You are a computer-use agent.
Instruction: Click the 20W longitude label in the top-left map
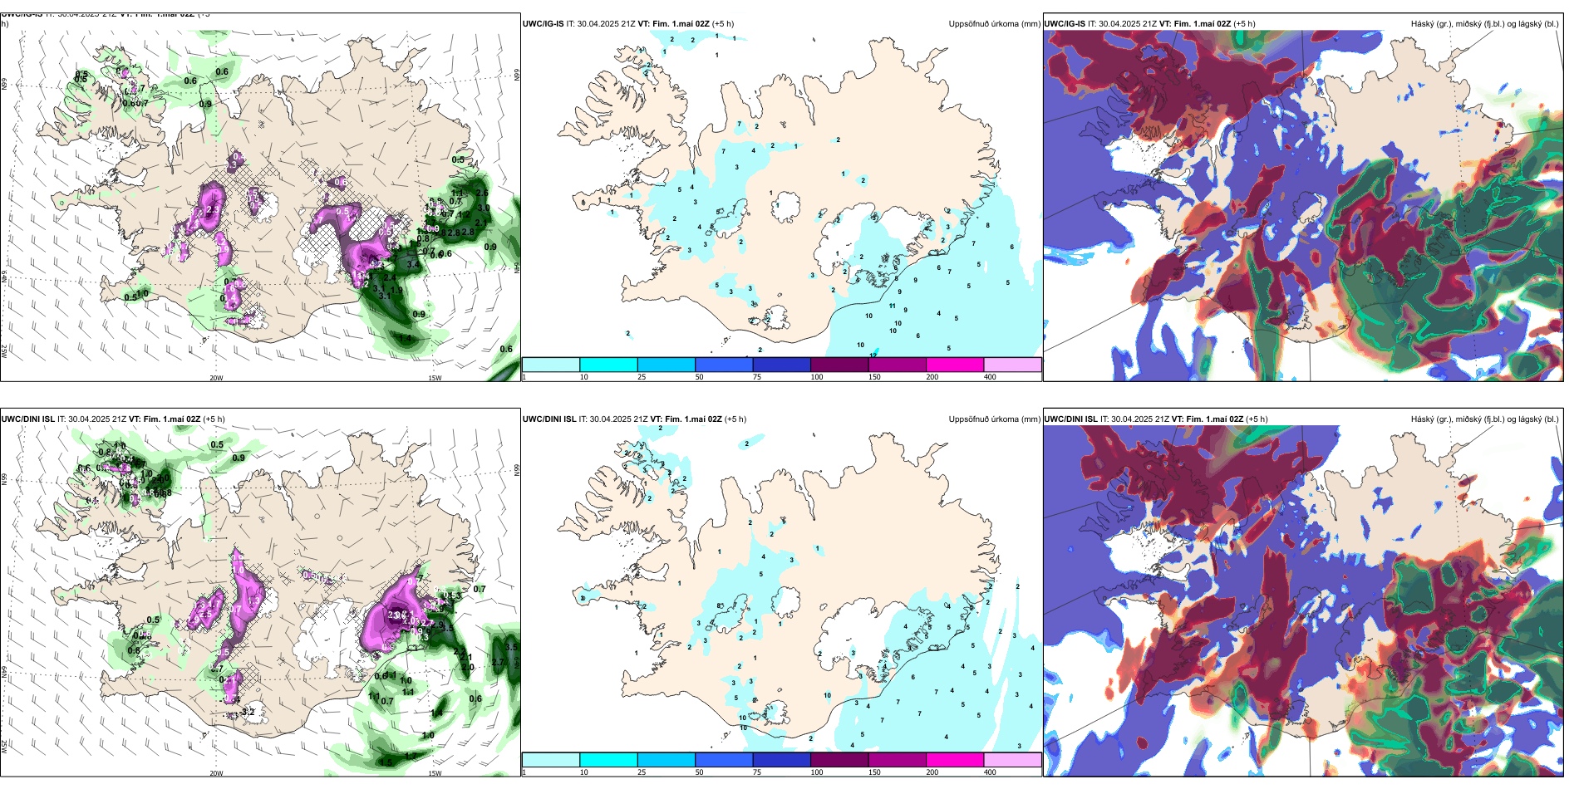pyautogui.click(x=216, y=378)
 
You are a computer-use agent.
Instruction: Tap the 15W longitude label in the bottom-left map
pyautogui.click(x=435, y=773)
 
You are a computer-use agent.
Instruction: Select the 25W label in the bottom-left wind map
pyautogui.click(x=4, y=747)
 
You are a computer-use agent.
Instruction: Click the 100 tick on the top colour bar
pyautogui.click(x=817, y=377)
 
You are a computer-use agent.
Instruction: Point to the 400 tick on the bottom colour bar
pyautogui.click(x=990, y=772)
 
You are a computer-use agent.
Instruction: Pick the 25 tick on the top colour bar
pyautogui.click(x=642, y=377)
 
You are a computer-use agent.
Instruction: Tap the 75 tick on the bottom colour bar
pyautogui.click(x=757, y=772)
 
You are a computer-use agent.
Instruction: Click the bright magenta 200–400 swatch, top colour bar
pyautogui.click(x=955, y=365)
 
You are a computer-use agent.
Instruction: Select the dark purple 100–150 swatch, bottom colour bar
pyautogui.click(x=839, y=760)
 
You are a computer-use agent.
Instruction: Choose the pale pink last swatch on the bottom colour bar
pyautogui.click(x=1012, y=760)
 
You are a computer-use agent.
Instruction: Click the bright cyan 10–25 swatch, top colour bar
pyautogui.click(x=608, y=365)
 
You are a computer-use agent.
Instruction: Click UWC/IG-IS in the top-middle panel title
pyautogui.click(x=543, y=24)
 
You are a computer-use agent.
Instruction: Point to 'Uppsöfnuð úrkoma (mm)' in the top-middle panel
pyautogui.click(x=994, y=24)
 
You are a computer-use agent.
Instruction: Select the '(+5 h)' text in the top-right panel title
pyautogui.click(x=1244, y=24)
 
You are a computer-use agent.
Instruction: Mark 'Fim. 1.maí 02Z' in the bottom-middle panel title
pyautogui.click(x=686, y=419)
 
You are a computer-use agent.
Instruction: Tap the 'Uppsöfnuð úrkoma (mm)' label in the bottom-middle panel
pyautogui.click(x=994, y=419)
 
